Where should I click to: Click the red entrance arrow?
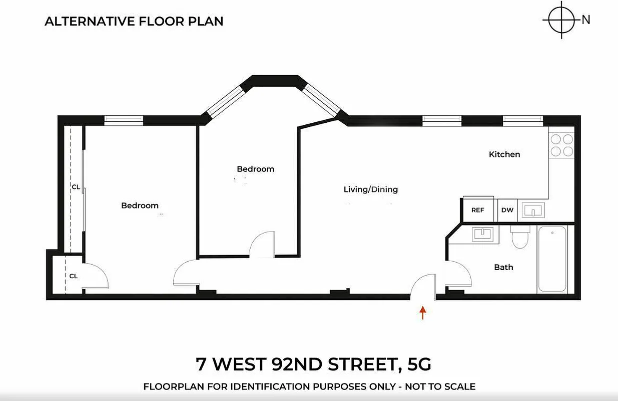click(423, 313)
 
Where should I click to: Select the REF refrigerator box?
click(477, 210)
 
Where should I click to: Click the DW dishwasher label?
click(507, 210)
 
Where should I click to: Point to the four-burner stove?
click(561, 145)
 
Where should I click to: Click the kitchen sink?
click(533, 210)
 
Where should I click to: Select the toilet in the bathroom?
click(520, 237)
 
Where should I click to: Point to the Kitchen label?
click(504, 154)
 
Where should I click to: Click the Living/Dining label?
click(371, 189)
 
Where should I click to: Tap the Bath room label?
click(503, 267)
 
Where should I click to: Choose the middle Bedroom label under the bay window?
click(256, 169)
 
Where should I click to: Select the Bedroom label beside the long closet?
click(140, 206)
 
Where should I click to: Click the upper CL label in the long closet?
click(76, 187)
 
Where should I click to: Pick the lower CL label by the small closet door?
click(74, 276)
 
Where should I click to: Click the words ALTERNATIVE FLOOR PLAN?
click(134, 21)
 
